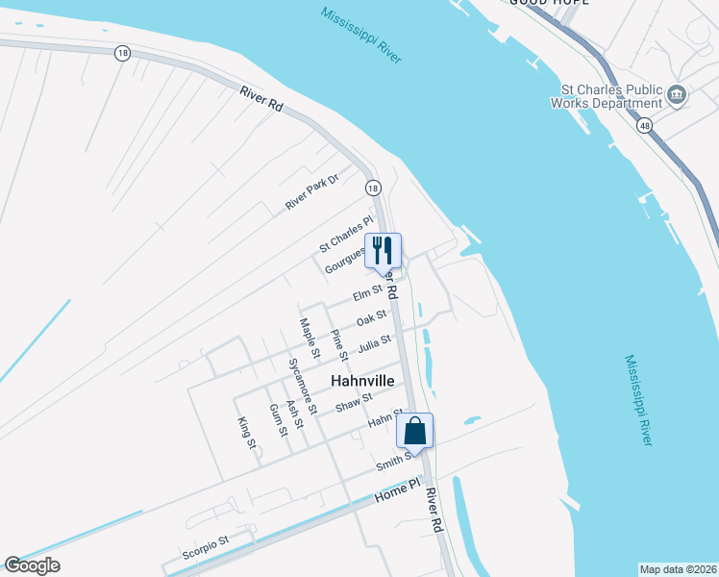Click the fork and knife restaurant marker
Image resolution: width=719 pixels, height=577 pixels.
(383, 251)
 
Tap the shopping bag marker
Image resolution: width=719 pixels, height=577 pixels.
(415, 431)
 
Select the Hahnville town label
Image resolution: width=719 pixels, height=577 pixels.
(363, 381)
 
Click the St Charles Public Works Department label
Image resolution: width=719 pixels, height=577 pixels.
(605, 96)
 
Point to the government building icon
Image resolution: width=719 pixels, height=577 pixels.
(677, 96)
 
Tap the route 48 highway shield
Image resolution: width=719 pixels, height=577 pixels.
(642, 125)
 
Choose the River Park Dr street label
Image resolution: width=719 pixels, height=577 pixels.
(312, 192)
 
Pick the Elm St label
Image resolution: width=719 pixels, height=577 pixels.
(367, 293)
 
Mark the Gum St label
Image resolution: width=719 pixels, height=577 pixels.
(277, 419)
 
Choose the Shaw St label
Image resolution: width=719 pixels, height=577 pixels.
(353, 402)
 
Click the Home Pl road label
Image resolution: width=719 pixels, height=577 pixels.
(398, 489)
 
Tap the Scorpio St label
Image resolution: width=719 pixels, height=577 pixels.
(205, 547)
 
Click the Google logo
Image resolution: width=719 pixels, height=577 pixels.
(32, 565)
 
